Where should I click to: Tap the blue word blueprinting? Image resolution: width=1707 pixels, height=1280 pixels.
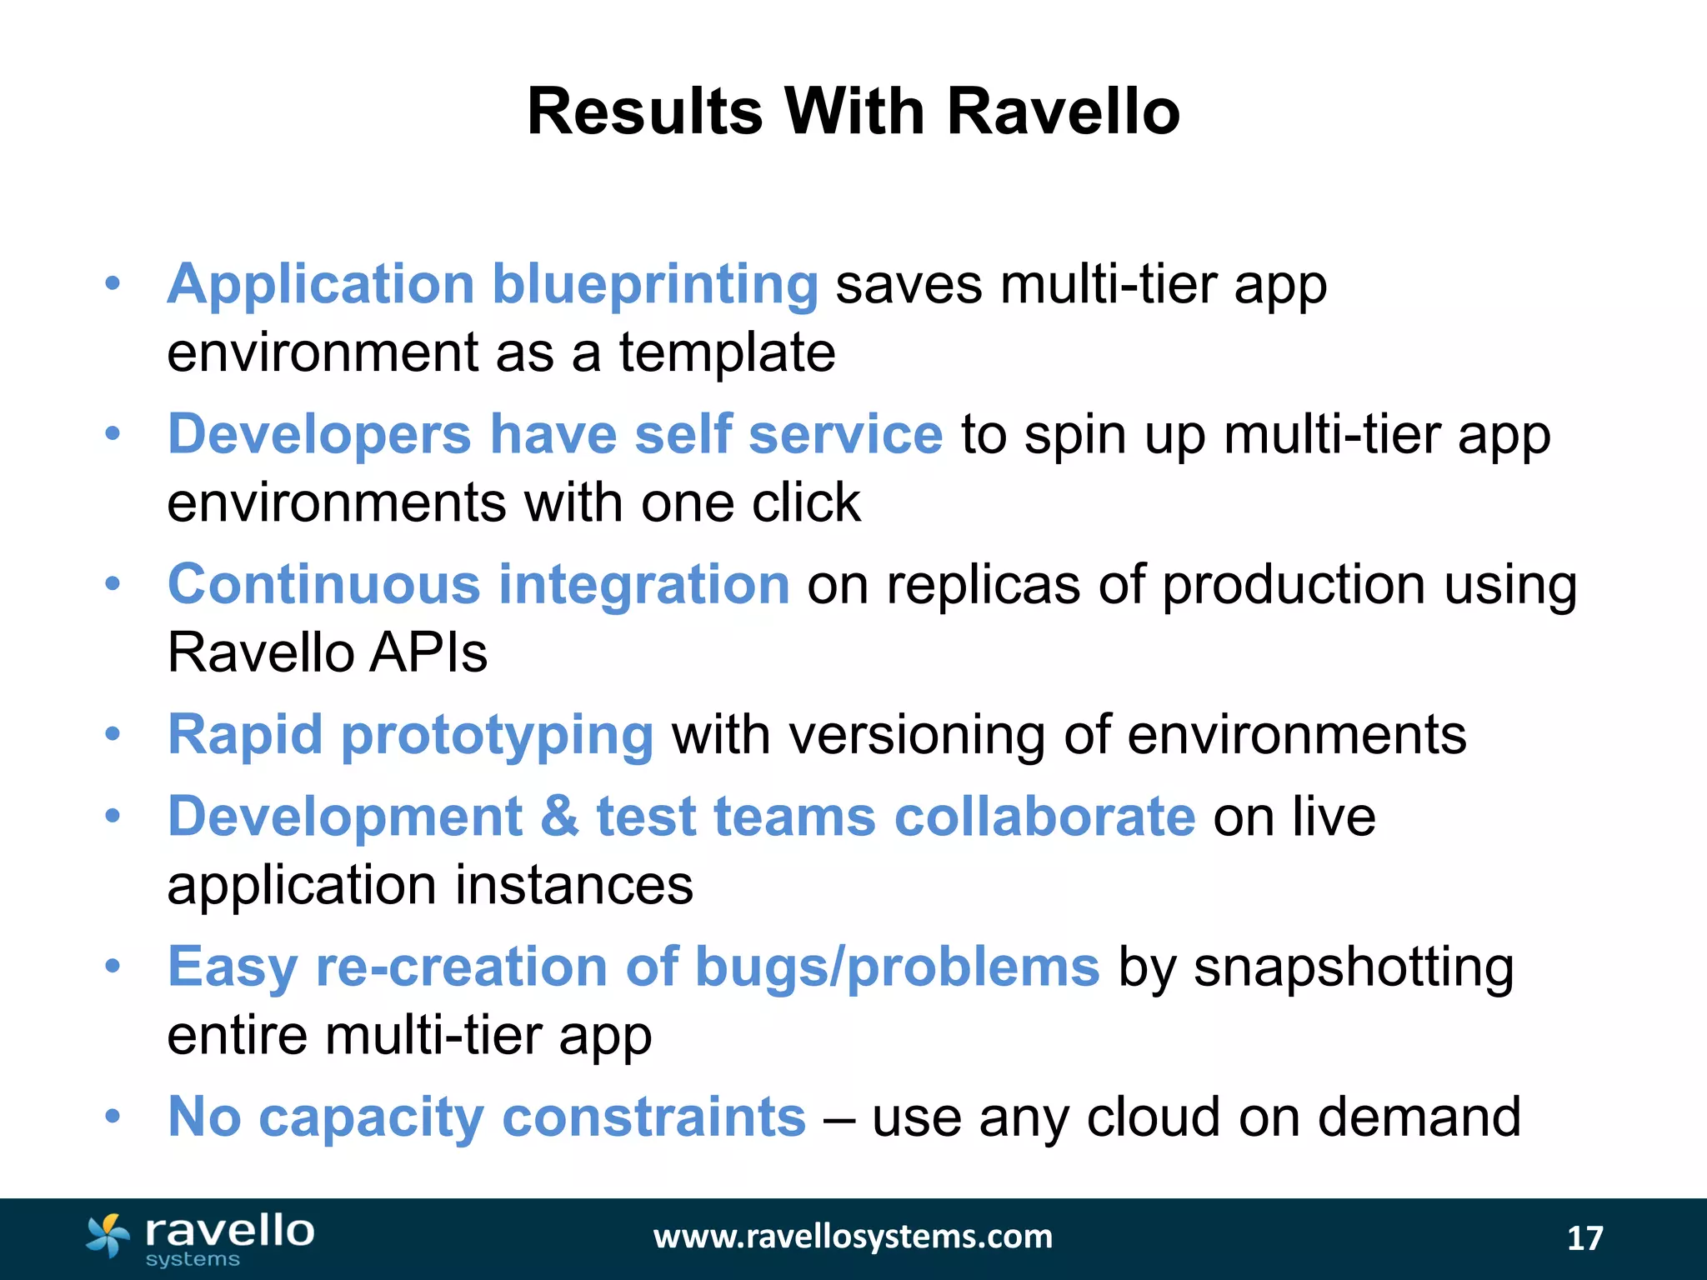(655, 285)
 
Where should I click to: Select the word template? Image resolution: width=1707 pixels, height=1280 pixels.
(727, 353)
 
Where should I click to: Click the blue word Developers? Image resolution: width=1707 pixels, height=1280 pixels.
(320, 435)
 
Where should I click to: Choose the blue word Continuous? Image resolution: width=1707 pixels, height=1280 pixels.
(324, 584)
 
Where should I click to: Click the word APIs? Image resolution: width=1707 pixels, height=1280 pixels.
(428, 652)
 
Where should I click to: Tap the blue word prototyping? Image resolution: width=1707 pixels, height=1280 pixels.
(498, 737)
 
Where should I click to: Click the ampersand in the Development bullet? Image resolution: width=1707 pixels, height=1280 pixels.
(559, 817)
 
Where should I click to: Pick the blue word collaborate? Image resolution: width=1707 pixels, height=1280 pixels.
(1045, 817)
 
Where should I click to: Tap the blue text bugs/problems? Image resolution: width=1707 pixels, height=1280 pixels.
(897, 967)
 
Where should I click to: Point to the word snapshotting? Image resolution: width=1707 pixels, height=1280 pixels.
(1354, 968)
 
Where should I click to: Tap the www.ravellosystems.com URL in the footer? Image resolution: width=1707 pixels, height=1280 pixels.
(853, 1237)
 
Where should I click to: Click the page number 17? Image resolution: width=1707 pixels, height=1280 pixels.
(1584, 1238)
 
